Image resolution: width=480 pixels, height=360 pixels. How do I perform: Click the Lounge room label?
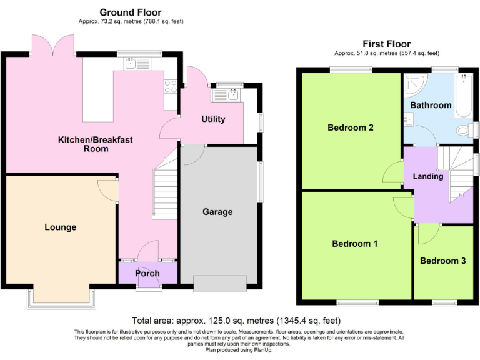pos(61,227)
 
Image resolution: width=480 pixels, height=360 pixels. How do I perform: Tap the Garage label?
pos(217,212)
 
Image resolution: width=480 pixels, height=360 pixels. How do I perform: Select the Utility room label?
pos(213,119)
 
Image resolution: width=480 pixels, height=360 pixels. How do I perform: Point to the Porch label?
pos(147,273)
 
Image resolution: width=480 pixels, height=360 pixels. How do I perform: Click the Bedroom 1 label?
pos(354,243)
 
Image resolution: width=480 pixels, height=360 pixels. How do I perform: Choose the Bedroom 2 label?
pos(351,127)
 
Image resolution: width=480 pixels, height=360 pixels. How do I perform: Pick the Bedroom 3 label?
pos(442,261)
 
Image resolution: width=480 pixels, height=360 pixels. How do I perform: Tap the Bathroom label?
pos(430,105)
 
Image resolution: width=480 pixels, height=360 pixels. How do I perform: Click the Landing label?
pos(428,176)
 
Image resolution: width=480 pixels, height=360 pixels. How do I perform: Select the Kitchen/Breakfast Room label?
pos(96,144)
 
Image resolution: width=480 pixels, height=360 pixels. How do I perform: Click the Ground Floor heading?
pos(131,12)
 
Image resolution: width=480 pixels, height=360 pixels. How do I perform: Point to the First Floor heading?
pos(386,44)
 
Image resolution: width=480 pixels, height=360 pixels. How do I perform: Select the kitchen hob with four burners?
pos(170,86)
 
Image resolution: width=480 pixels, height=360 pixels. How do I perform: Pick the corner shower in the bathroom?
pos(413,84)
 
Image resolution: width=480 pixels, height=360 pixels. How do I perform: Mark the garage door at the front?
pos(220,283)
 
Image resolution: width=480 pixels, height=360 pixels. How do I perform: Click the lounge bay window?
pos(61,299)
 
